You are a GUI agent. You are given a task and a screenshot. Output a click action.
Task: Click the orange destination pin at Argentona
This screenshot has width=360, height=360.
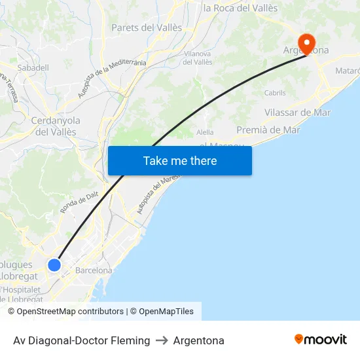(306, 43)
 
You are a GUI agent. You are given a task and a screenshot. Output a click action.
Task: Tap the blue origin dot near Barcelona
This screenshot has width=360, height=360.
(54, 265)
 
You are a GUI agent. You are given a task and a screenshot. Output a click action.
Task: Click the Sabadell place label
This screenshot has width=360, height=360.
(33, 67)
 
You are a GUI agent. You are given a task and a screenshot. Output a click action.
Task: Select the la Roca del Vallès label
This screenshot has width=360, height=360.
(240, 9)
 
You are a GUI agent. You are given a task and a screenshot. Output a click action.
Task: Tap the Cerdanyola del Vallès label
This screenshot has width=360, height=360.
(56, 126)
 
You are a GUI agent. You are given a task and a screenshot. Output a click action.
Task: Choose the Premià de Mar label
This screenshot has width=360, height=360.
(268, 130)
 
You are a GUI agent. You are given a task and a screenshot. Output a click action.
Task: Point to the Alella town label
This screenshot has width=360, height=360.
(205, 132)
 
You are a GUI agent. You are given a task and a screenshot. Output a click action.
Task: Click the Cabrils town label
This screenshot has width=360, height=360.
(275, 93)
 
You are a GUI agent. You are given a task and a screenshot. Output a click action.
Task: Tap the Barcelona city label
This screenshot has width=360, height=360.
(94, 270)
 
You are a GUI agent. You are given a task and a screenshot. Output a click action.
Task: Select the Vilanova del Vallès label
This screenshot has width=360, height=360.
(198, 58)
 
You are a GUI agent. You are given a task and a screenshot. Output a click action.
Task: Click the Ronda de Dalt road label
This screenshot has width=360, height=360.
(79, 205)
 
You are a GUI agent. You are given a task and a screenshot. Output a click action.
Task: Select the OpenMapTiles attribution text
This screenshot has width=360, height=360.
(166, 312)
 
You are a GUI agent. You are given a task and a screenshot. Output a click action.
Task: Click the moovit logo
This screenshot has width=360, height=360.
(321, 340)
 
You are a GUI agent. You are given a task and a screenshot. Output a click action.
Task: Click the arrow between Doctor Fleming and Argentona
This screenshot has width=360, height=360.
(162, 340)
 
